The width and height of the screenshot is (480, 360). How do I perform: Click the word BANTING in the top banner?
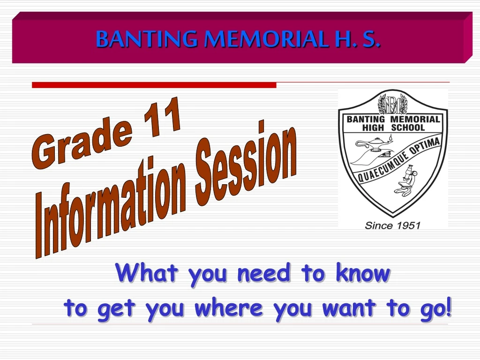pos(147,39)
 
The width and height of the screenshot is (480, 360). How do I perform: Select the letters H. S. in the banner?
pos(357,39)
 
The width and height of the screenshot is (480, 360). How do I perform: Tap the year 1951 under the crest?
pos(408,226)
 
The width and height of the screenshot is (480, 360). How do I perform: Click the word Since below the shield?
pos(379,226)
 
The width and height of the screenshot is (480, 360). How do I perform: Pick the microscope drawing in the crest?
pos(405,180)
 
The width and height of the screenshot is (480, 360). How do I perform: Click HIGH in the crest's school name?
pos(373,127)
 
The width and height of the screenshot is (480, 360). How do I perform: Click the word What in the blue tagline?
pos(147,272)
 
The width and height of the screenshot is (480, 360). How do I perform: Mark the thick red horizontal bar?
pos(154,85)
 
